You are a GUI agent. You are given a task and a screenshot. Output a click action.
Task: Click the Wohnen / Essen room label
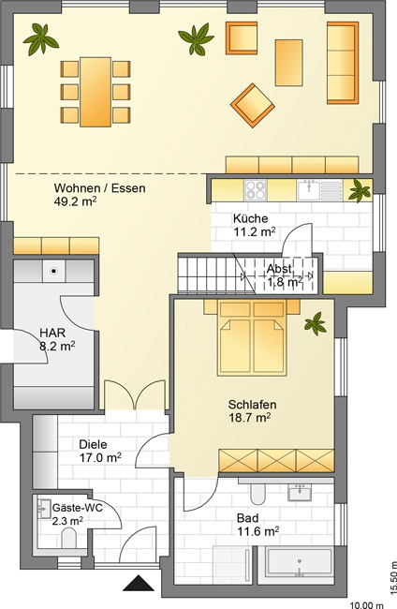[100, 188]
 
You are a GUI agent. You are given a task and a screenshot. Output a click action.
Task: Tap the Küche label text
[250, 218]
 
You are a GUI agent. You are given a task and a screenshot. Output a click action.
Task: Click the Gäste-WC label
[77, 508]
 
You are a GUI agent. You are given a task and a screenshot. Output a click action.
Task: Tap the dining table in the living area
[96, 92]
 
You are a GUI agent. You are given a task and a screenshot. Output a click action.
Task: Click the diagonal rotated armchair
[252, 105]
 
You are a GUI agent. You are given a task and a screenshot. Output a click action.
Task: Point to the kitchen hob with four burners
[256, 190]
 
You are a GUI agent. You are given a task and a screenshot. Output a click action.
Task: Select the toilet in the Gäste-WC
[69, 540]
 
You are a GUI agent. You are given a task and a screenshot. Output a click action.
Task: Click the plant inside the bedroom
[316, 323]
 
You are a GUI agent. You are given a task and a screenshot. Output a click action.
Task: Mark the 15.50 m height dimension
[392, 575]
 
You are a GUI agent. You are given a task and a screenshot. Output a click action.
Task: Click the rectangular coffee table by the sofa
[288, 63]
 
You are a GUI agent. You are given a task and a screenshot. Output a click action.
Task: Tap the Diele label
[93, 444]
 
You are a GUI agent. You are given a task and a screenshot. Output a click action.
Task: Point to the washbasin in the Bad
[300, 493]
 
